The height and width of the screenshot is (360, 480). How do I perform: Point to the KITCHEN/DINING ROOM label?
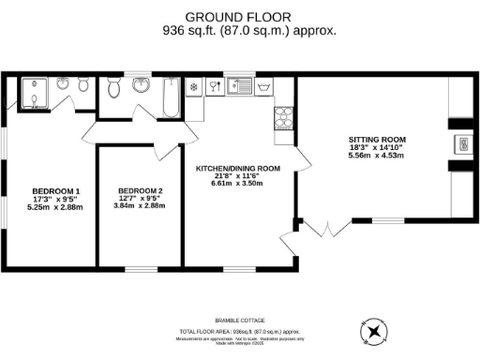pyautogui.click(x=238, y=169)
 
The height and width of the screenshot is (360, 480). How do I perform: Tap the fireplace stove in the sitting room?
pyautogui.click(x=462, y=143)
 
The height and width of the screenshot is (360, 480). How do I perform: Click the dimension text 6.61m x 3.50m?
pyautogui.click(x=238, y=185)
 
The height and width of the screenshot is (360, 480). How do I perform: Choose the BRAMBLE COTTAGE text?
pyautogui.click(x=240, y=322)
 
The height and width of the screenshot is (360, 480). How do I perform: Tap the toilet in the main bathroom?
pyautogui.click(x=114, y=88)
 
